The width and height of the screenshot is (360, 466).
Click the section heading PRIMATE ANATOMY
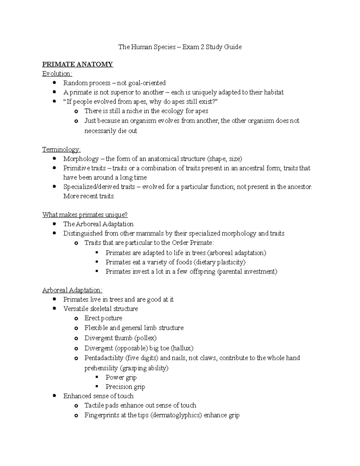pos(77,64)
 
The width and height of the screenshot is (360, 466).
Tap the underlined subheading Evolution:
pos(57,74)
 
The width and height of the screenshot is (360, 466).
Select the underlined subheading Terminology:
pos(61,149)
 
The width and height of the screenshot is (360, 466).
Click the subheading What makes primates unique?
pos(85,215)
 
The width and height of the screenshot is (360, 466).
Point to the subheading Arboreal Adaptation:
pos(72,290)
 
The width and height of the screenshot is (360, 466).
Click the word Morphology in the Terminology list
pos(81,159)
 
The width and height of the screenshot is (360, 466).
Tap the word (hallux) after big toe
pos(182,348)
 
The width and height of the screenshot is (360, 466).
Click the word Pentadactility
pos(104,358)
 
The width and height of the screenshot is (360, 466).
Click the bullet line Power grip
pos(121,377)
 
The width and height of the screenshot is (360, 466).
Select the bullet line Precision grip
pos(125,387)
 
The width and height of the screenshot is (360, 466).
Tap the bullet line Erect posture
pos(103,318)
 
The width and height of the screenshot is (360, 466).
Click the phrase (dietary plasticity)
pos(220,262)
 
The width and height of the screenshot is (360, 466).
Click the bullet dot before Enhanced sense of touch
pos(54,396)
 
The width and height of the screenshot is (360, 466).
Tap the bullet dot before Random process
pos(54,83)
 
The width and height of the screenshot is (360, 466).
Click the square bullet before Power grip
pos(97,377)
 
